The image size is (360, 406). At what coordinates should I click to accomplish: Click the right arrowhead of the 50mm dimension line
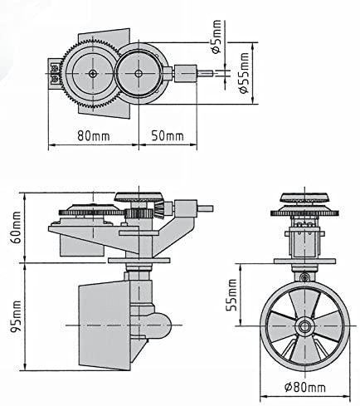[x=197, y=146]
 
